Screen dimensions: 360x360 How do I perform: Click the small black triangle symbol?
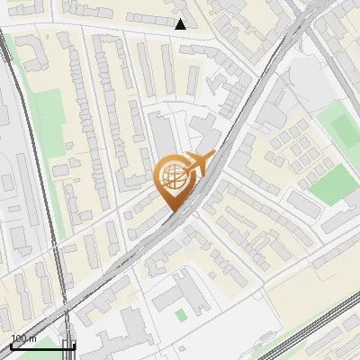[181, 24]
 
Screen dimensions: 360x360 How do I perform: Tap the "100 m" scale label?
[24, 338]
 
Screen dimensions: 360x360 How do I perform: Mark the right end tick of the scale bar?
[74, 345]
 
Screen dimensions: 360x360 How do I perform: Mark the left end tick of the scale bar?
[11, 345]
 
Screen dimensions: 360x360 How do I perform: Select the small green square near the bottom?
[181, 315]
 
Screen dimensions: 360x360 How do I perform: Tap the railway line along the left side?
[36, 180]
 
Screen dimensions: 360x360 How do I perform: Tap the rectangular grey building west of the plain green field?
[304, 206]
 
